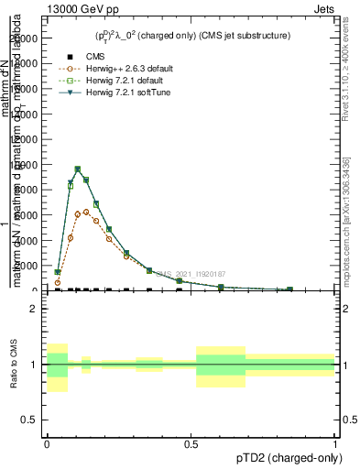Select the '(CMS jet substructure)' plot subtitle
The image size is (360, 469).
tap(241, 36)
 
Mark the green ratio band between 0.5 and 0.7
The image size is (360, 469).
tap(221, 364)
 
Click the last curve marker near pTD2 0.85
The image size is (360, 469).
tap(290, 289)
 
